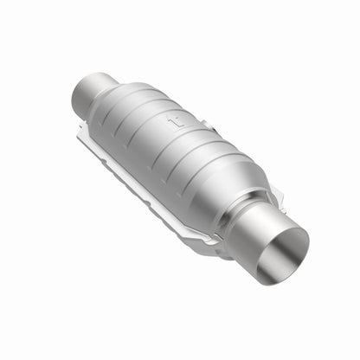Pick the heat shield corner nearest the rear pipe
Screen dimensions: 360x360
(80, 128)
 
